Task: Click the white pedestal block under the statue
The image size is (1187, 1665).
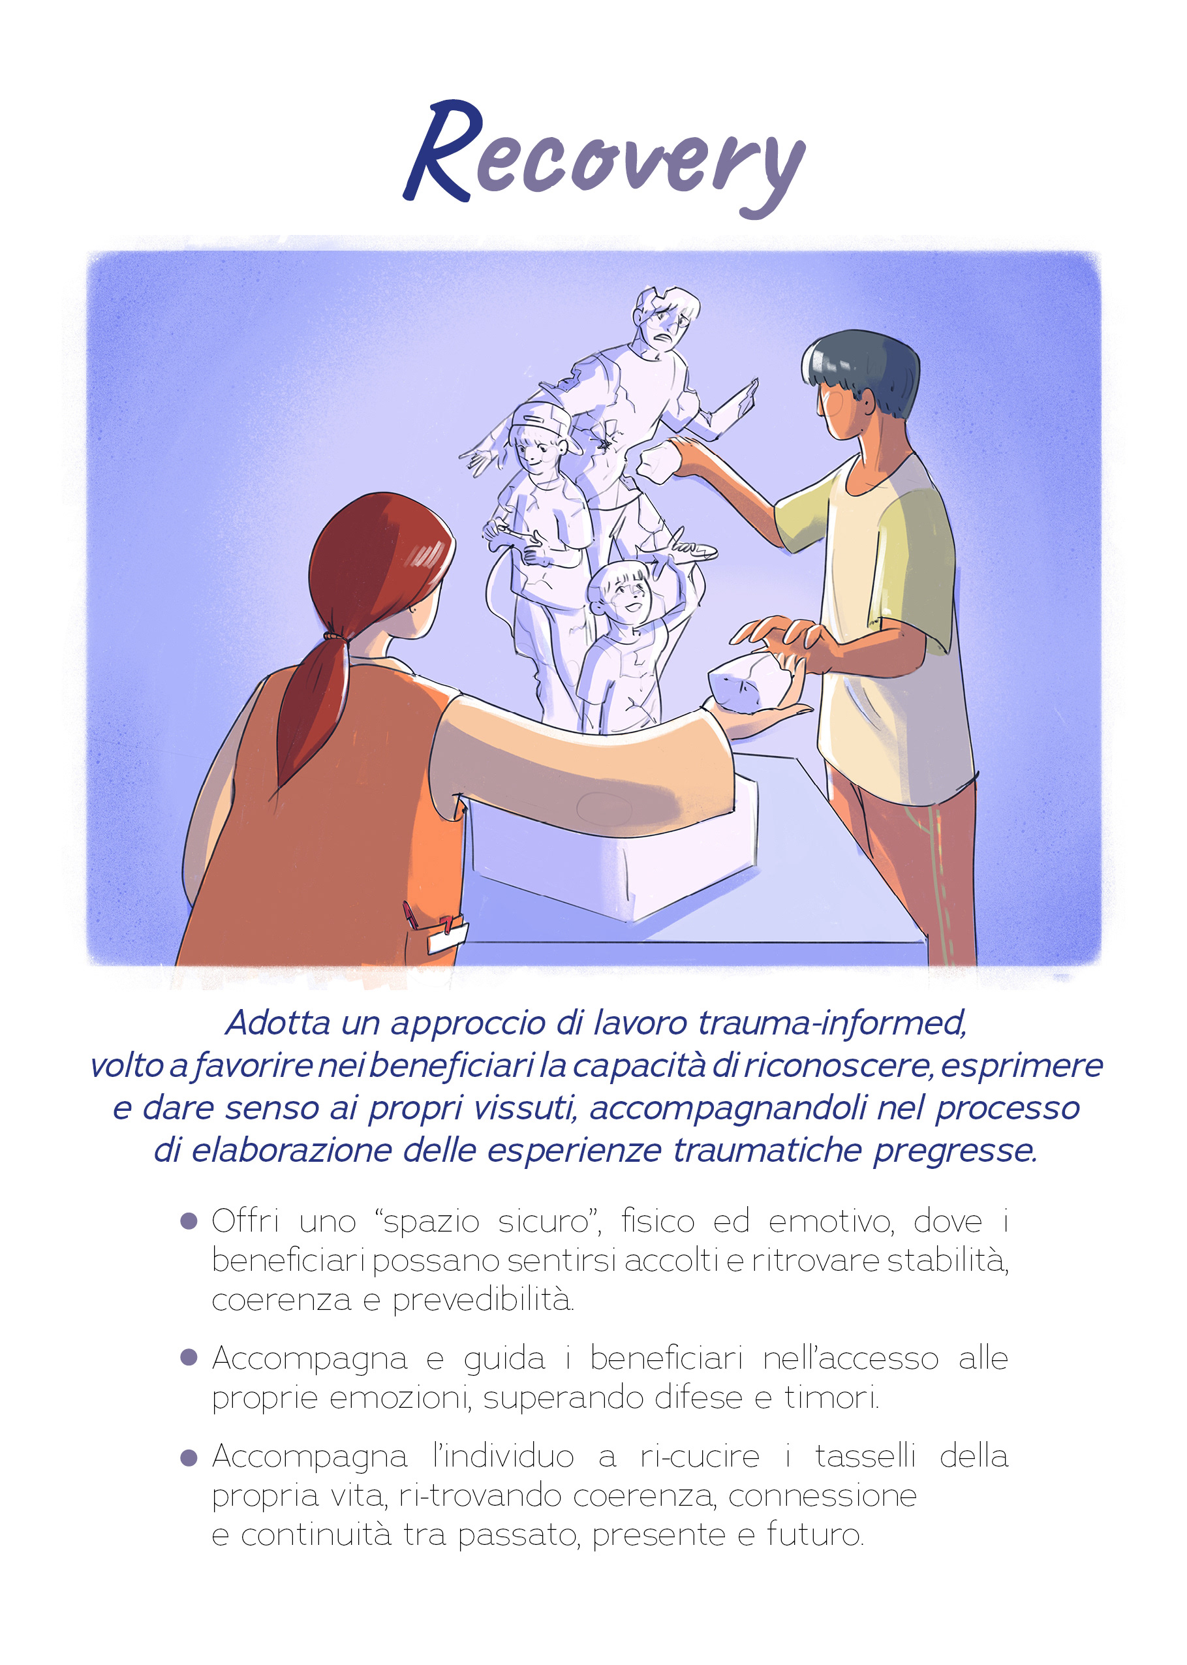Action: pos(614,848)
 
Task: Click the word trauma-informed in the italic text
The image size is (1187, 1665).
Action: pos(833,1023)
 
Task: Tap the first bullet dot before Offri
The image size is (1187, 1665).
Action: pos(189,1221)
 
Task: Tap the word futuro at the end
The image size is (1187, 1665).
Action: pos(815,1535)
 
